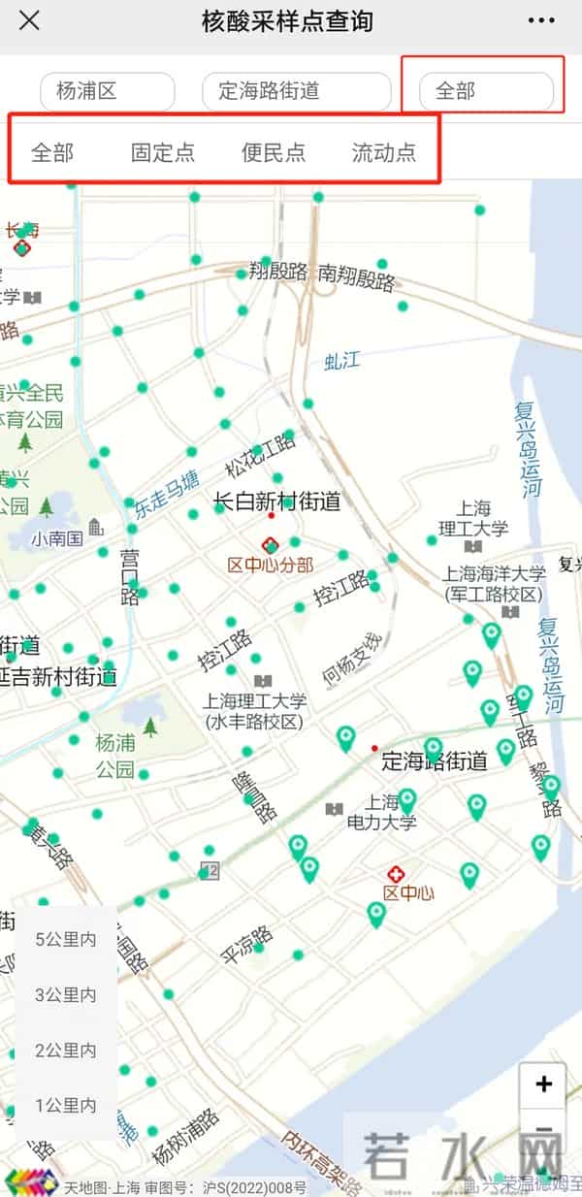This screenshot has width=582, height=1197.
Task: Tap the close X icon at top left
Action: pos(30,20)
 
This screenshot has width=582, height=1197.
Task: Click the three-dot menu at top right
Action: pos(541,20)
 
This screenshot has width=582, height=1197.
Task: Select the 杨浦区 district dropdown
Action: pos(107,92)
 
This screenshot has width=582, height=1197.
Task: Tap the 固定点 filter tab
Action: pos(163,152)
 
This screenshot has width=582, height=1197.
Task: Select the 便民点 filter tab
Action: pos(274,152)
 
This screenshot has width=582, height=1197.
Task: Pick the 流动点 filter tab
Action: pos(384,152)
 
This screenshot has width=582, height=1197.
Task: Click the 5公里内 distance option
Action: pos(66,939)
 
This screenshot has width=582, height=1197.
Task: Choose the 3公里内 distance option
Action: pos(66,994)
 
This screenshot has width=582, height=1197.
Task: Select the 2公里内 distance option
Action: pos(66,1050)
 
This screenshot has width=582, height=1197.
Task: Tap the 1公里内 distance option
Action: pos(66,1105)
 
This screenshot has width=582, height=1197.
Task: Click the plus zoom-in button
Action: pos(543,1084)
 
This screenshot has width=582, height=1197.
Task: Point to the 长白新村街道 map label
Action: pos(277,501)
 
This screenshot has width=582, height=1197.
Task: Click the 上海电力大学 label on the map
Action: pos(382,813)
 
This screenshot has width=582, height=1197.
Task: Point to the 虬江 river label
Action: pos(341,362)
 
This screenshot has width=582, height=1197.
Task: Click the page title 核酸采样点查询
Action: pos(287,20)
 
